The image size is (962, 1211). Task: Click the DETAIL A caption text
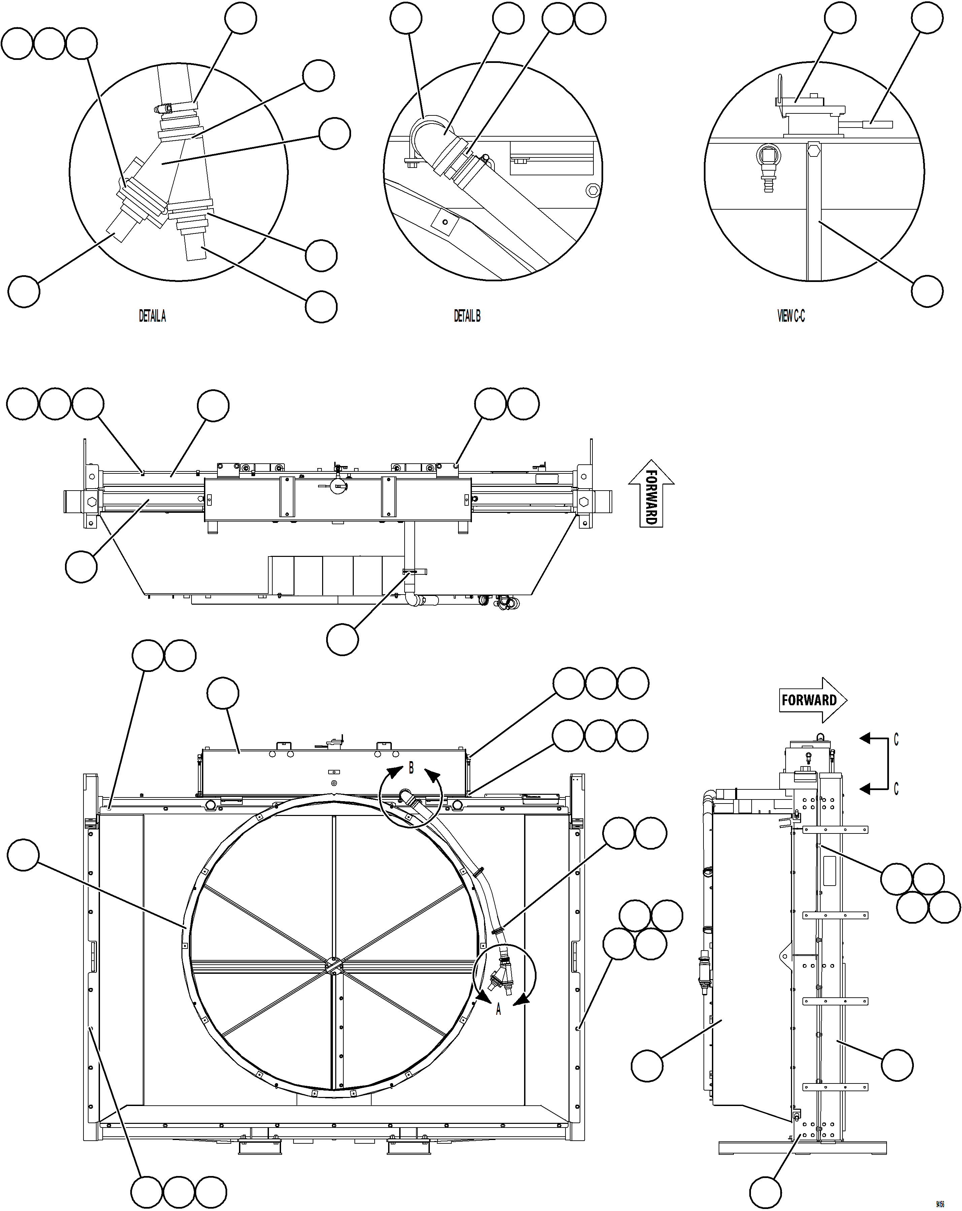[152, 316]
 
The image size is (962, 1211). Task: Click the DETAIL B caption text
[467, 316]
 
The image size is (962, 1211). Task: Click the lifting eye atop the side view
[820, 735]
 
